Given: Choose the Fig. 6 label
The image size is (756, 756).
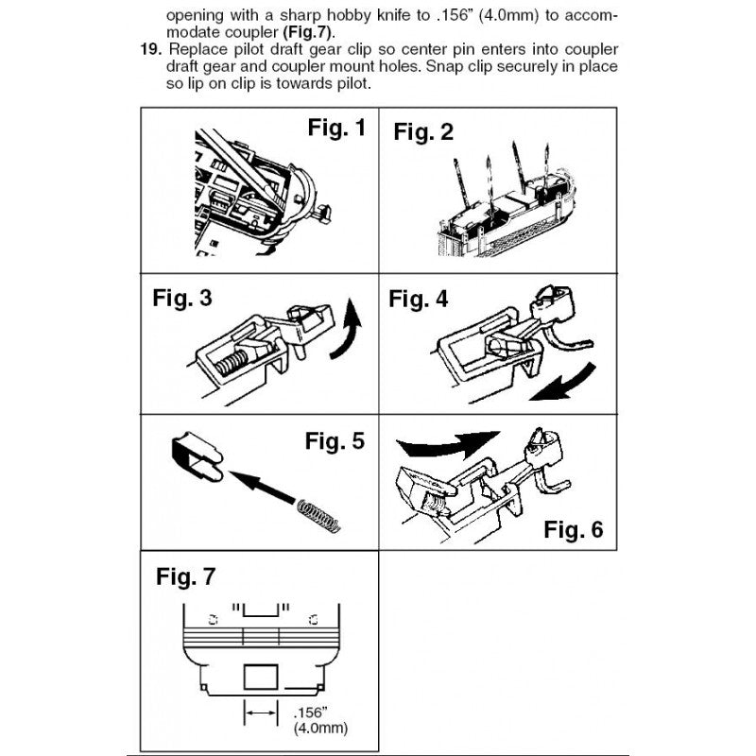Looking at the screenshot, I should tap(573, 529).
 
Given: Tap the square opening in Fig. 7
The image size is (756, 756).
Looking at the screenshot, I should tap(262, 677).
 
